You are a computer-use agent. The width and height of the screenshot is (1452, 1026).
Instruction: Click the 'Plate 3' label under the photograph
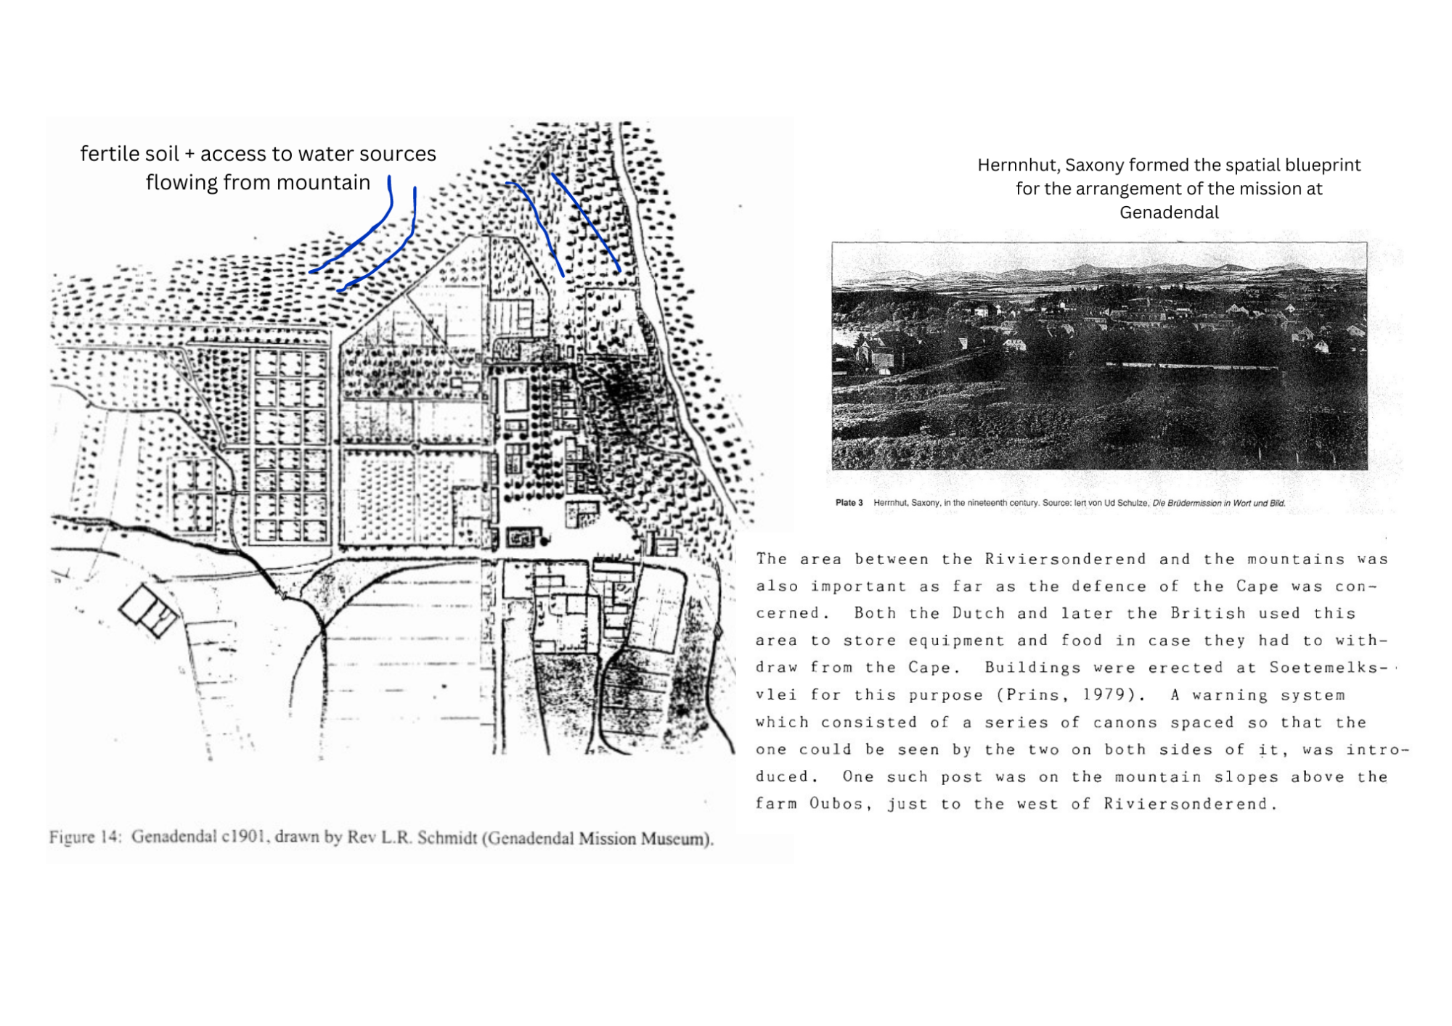849,503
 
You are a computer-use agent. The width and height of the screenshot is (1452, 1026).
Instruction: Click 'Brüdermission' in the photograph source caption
1183,503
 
